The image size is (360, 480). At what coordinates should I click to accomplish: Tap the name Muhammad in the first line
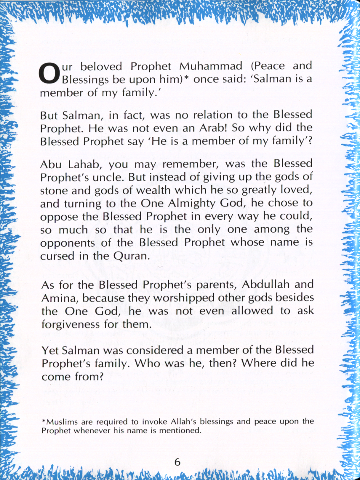(211, 66)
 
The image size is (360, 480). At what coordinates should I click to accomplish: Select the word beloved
(101, 67)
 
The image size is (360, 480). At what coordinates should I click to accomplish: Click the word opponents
(67, 243)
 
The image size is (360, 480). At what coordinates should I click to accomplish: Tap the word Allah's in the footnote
(184, 422)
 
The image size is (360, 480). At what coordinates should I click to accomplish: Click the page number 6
(177, 462)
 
